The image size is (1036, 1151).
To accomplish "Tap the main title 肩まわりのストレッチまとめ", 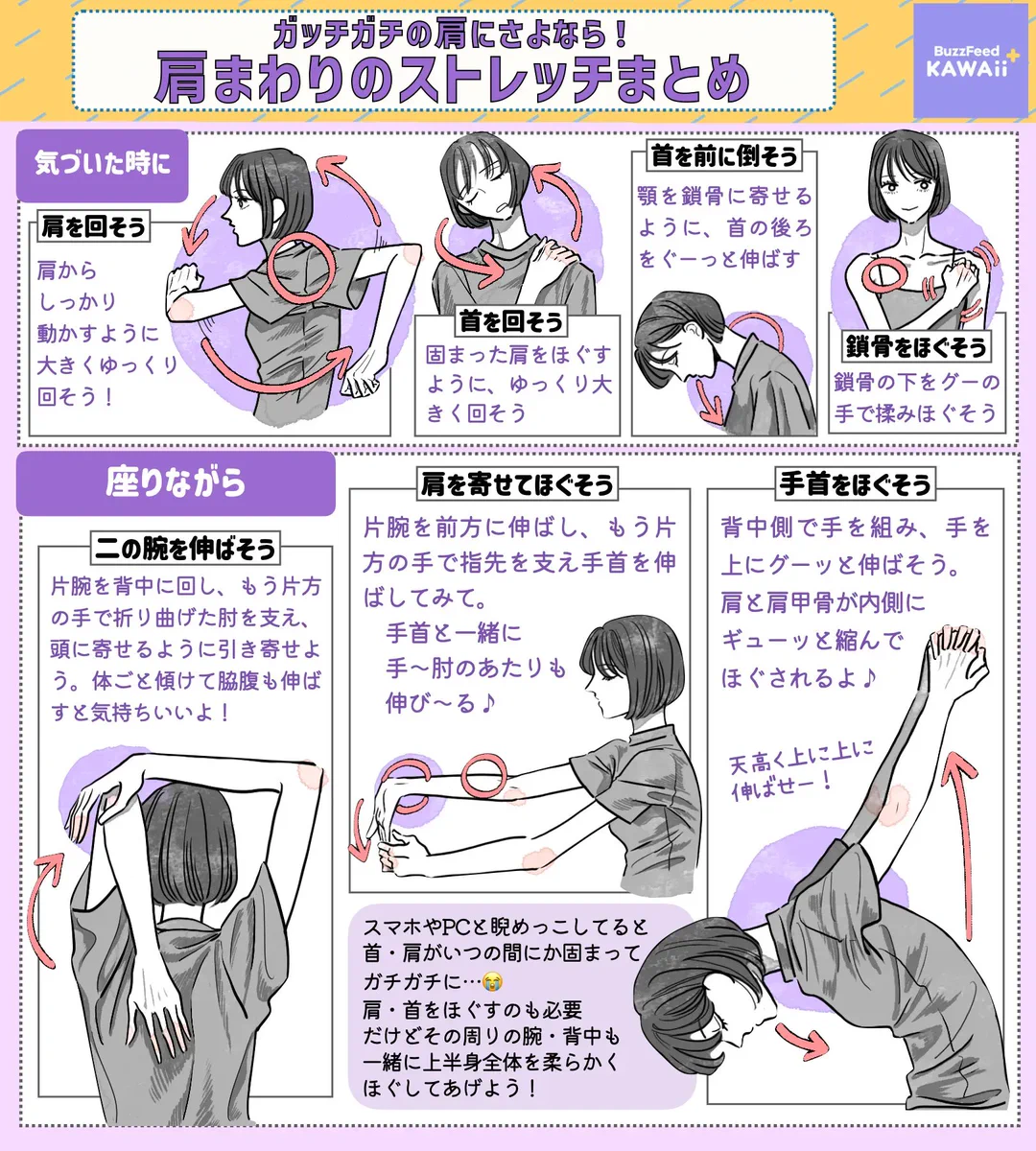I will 451,80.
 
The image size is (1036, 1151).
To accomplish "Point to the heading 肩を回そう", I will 94,227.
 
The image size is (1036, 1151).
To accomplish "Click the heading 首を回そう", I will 510,321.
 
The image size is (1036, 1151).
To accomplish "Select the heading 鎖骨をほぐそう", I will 915,346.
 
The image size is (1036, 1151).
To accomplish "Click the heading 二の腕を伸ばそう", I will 185,549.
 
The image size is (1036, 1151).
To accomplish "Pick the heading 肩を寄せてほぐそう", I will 517,484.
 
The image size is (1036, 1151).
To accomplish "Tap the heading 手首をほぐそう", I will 856,484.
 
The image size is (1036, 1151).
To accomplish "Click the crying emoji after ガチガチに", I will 492,981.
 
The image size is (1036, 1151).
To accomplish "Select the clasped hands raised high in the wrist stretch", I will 954,652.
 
